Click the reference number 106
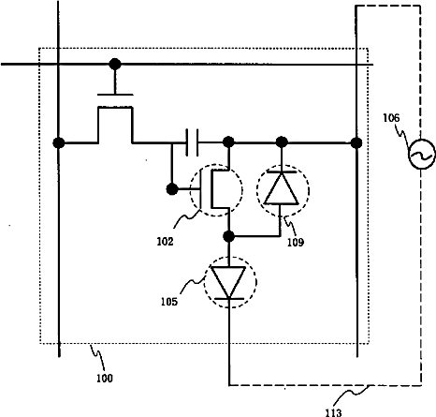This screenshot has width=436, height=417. [391, 118]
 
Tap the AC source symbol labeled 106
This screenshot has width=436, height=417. [422, 155]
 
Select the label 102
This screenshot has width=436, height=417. [165, 242]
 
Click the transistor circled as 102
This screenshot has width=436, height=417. [216, 189]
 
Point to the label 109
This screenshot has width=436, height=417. [296, 242]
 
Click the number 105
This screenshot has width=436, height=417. [169, 302]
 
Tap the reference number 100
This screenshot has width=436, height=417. [105, 379]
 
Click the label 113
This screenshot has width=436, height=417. [333, 413]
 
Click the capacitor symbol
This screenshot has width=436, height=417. [192, 142]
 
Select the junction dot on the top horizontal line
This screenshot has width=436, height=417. [115, 64]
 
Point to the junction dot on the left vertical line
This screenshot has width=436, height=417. [59, 143]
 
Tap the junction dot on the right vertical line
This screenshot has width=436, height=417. [356, 143]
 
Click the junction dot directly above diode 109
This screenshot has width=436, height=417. [282, 142]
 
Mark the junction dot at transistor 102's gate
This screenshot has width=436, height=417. [172, 189]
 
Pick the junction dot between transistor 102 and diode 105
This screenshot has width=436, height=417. [229, 236]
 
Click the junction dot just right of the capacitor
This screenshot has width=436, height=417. [228, 142]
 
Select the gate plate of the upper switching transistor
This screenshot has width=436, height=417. [115, 95]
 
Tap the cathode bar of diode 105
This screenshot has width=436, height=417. [229, 298]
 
